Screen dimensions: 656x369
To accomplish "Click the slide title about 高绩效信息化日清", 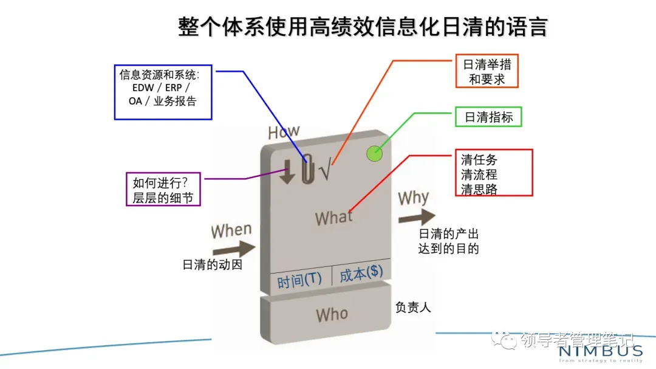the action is tap(363, 27).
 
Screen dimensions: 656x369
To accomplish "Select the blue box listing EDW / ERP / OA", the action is tap(163, 92).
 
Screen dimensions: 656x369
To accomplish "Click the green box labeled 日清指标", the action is tap(488, 117).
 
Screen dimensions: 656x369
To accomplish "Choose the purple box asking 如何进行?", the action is tap(163, 189).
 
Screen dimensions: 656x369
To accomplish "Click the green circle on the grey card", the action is tap(375, 154).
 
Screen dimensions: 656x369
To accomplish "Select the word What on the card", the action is tap(333, 218).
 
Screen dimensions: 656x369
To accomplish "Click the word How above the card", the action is tap(284, 132).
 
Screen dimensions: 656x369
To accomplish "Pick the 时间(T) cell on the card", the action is tap(299, 281).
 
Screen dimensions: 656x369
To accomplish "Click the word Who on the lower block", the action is tap(332, 315).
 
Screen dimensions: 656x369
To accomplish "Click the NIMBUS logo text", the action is tap(600, 351).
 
